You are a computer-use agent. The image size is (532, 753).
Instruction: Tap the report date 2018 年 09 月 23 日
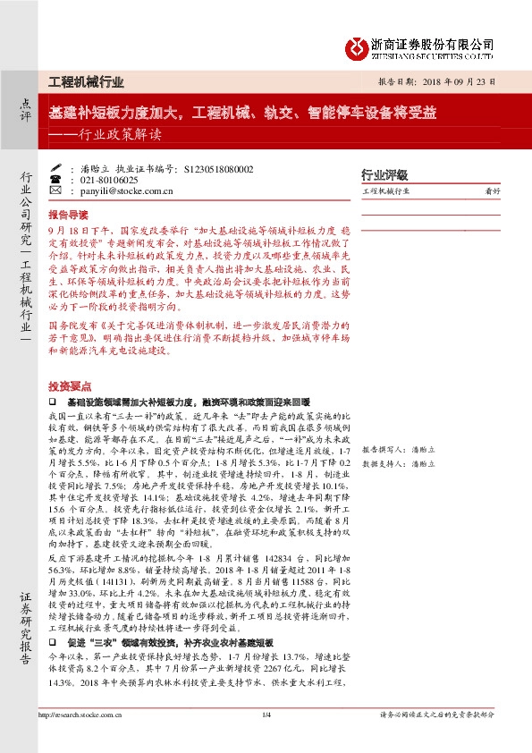point(446,81)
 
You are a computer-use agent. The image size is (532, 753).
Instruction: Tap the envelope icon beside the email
point(55,191)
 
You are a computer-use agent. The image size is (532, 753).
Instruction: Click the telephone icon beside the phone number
point(55,180)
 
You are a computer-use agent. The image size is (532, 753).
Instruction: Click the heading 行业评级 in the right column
point(384,174)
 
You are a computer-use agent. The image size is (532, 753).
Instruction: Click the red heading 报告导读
point(68,216)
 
